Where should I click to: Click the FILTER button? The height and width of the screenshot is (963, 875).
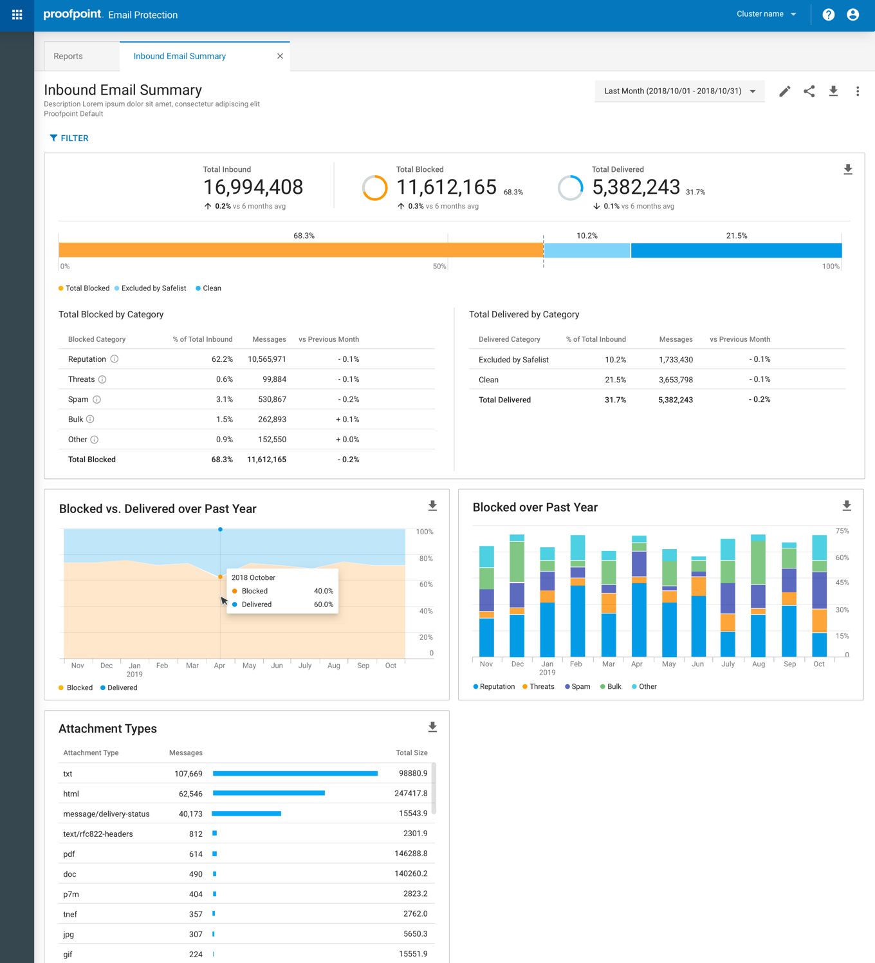point(69,138)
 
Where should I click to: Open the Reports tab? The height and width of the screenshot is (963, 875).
point(68,56)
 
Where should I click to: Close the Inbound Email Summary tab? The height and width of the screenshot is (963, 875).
point(280,56)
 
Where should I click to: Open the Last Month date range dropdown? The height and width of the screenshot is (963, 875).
point(679,91)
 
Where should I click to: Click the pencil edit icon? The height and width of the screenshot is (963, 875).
point(784,91)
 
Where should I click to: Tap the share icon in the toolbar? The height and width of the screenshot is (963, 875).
point(809,91)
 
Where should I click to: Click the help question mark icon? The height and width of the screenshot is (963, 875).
point(828,15)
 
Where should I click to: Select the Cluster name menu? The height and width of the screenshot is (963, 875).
point(766,14)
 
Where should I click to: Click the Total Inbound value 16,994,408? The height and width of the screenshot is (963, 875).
point(253,187)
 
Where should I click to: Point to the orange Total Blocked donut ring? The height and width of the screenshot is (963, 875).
point(374,188)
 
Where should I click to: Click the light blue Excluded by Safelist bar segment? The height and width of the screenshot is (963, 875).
point(587,250)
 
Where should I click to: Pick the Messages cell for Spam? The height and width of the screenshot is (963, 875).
point(272,399)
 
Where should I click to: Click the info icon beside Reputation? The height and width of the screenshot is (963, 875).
point(114,359)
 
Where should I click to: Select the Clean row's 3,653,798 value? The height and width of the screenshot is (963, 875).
point(675,380)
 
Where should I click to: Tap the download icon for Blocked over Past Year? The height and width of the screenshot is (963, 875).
point(847,506)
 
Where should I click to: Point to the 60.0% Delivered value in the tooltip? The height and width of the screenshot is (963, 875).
point(323,604)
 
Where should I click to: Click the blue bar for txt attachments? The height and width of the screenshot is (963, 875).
point(295,774)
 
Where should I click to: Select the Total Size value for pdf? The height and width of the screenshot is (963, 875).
point(410,854)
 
